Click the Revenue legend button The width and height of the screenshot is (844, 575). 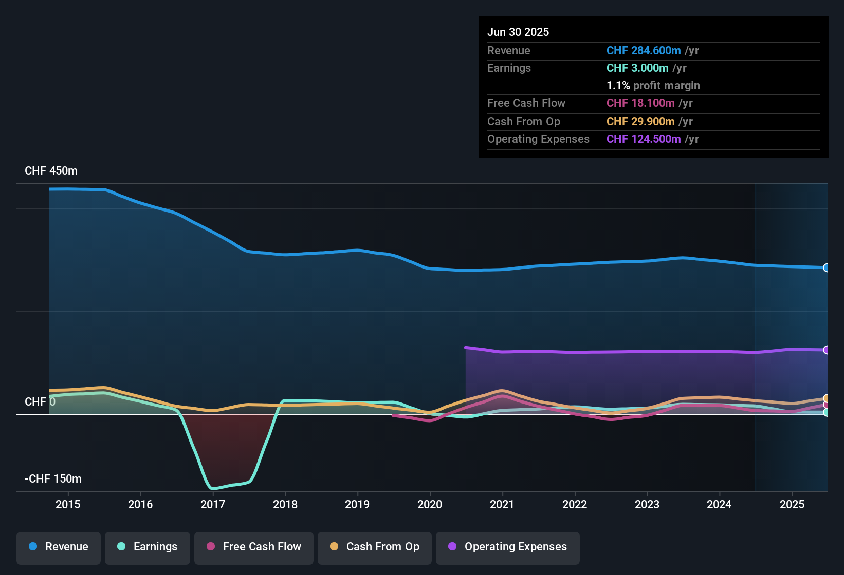pos(59,547)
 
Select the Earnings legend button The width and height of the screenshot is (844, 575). pos(148,547)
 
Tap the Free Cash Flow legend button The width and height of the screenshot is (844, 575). pos(254,547)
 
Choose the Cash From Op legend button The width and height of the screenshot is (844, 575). pos(375,547)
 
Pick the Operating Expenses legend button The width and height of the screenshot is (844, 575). pos(508,547)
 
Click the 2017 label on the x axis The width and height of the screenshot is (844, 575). pos(213,504)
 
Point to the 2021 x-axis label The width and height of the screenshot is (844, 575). pos(502,504)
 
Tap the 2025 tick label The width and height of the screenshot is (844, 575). pos(792,504)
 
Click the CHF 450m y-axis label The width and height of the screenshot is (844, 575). pos(51,171)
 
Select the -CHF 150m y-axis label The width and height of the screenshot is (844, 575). pos(53,479)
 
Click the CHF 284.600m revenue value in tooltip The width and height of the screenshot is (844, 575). pos(644,51)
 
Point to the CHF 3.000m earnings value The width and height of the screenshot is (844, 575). pos(637,68)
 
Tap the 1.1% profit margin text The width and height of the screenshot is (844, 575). pos(653,86)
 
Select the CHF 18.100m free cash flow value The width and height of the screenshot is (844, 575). pos(640,103)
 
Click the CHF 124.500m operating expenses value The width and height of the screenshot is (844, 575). pos(644,139)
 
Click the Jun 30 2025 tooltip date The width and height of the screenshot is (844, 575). pos(518,32)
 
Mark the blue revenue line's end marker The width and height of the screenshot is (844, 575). pos(826,267)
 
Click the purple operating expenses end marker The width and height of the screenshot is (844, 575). pos(826,350)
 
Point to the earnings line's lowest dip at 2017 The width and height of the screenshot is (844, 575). pos(212,488)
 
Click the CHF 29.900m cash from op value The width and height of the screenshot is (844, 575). pos(640,122)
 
